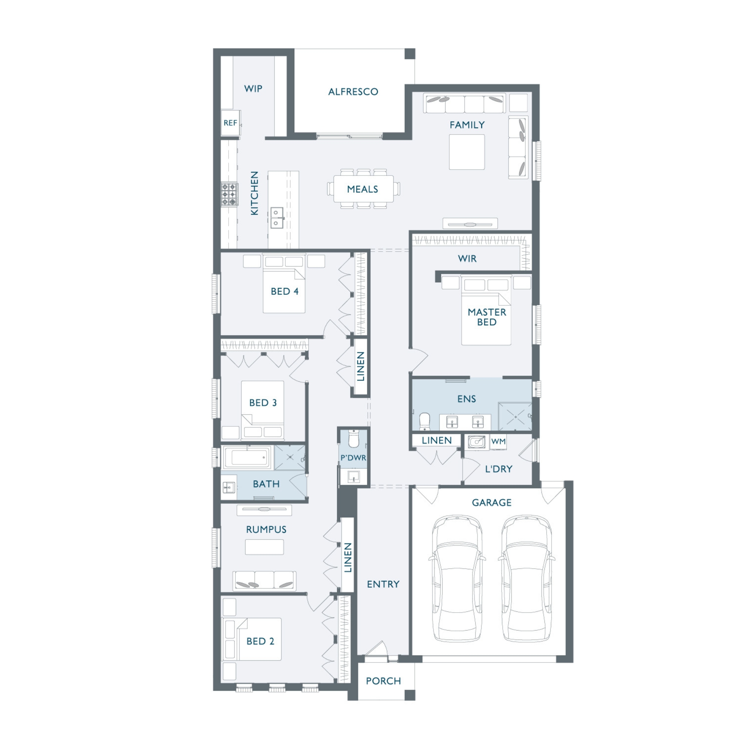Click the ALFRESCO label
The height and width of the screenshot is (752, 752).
353,92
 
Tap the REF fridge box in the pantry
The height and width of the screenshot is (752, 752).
230,123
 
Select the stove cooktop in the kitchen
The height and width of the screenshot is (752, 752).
230,194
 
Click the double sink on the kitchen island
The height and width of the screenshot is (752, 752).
276,218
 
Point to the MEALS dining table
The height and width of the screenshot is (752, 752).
363,189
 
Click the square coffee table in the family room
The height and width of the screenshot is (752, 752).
467,152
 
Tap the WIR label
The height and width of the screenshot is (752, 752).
467,258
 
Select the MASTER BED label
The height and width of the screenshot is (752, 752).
487,317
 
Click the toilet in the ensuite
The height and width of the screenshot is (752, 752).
425,421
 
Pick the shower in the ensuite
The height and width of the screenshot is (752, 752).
515,417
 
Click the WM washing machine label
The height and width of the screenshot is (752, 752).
498,441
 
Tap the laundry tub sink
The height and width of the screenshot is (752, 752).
476,442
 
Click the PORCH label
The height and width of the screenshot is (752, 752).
384,681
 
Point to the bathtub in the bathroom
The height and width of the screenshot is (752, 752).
248,458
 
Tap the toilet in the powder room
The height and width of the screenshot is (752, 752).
353,439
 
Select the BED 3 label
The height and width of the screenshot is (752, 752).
263,403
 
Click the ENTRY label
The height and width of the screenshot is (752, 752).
384,584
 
